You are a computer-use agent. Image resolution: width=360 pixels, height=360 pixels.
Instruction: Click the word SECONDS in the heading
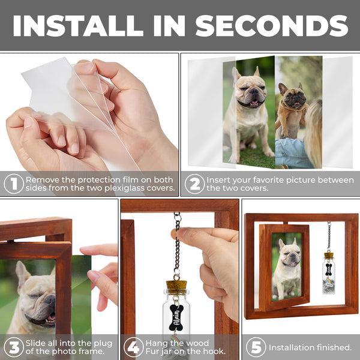click(x=272, y=25)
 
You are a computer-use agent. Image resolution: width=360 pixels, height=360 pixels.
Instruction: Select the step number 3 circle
click(x=13, y=347)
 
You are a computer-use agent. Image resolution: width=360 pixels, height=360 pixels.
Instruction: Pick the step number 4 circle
click(x=133, y=347)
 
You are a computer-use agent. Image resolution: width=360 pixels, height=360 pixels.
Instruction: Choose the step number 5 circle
click(x=254, y=347)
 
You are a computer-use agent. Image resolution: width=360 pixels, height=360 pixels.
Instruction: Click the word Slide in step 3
click(x=38, y=343)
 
